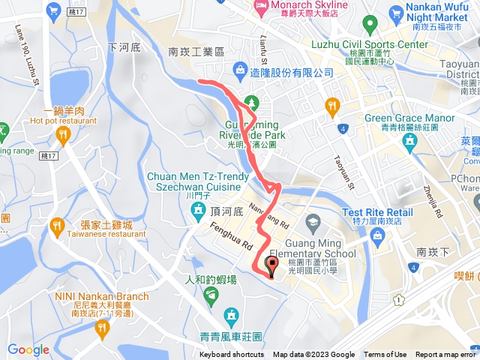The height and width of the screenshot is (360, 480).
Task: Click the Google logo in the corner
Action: (28, 349)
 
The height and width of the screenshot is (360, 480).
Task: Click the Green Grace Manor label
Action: (409, 118)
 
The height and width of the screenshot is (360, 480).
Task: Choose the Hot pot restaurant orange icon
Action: (63, 135)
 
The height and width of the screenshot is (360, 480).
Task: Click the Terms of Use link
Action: (385, 355)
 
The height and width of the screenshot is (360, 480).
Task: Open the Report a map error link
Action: (447, 355)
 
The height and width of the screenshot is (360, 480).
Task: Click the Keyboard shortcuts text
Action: (232, 355)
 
